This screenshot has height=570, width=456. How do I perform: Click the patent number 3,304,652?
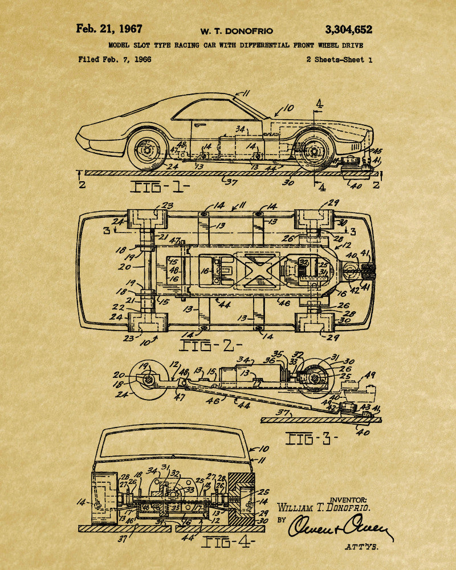348,30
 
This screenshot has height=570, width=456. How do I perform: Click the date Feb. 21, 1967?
109,29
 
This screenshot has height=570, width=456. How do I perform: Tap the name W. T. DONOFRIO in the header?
236,31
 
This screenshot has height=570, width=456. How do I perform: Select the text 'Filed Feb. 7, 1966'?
115,59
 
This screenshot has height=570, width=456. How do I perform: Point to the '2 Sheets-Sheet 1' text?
339,59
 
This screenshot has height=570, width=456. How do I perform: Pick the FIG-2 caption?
211,345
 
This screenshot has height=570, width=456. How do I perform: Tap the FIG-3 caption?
312,438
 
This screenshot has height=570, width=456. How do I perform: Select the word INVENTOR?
349,499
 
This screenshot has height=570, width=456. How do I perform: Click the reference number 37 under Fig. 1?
231,182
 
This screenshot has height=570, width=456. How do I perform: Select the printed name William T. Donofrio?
323,507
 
